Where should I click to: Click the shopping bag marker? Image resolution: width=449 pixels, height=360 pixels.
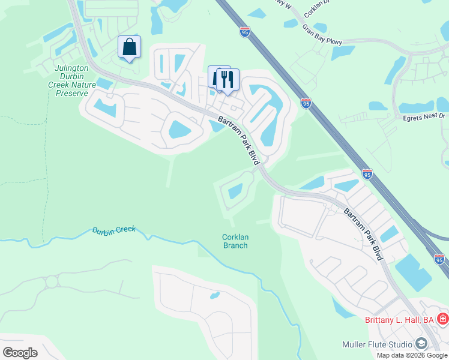click(x=129, y=47)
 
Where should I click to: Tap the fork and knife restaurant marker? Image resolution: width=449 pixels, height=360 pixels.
click(x=228, y=80)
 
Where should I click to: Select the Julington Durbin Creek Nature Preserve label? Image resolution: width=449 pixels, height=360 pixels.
click(x=72, y=80)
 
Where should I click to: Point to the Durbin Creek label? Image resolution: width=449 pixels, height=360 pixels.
click(x=114, y=230)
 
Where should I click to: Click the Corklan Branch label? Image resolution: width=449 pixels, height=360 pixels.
click(x=235, y=241)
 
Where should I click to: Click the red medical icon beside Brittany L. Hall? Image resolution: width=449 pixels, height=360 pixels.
click(x=443, y=319)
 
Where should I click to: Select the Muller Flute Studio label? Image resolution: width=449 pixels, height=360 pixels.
click(x=376, y=344)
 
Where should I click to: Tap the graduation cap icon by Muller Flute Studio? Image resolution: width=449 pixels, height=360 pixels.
click(x=421, y=344)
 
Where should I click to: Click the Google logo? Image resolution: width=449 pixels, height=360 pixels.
click(x=20, y=353)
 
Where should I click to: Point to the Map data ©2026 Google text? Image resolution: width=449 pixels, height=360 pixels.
click(x=412, y=355)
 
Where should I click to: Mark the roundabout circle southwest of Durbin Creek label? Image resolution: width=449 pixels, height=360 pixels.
click(x=52, y=281)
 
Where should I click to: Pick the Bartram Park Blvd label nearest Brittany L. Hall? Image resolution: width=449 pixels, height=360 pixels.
click(x=364, y=234)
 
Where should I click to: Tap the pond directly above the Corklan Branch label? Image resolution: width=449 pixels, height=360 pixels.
click(x=235, y=191)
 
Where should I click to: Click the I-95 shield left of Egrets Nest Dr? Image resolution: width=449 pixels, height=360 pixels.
click(x=306, y=104)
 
